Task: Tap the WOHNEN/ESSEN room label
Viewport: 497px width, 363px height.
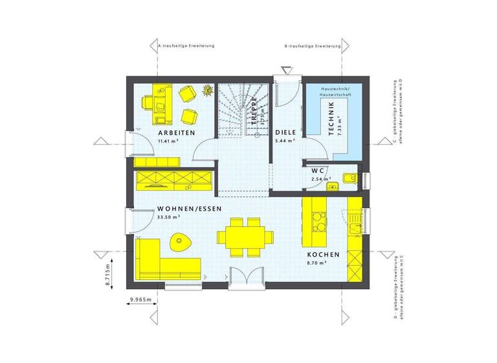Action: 189,209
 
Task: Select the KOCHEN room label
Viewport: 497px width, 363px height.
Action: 322,255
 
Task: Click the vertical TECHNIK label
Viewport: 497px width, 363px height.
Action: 331,117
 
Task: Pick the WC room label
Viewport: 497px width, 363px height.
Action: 317,170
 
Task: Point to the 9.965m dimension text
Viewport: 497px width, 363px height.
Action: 140,299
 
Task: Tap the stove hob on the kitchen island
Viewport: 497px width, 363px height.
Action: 318,222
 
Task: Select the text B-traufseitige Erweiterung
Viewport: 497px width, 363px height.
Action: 313,47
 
